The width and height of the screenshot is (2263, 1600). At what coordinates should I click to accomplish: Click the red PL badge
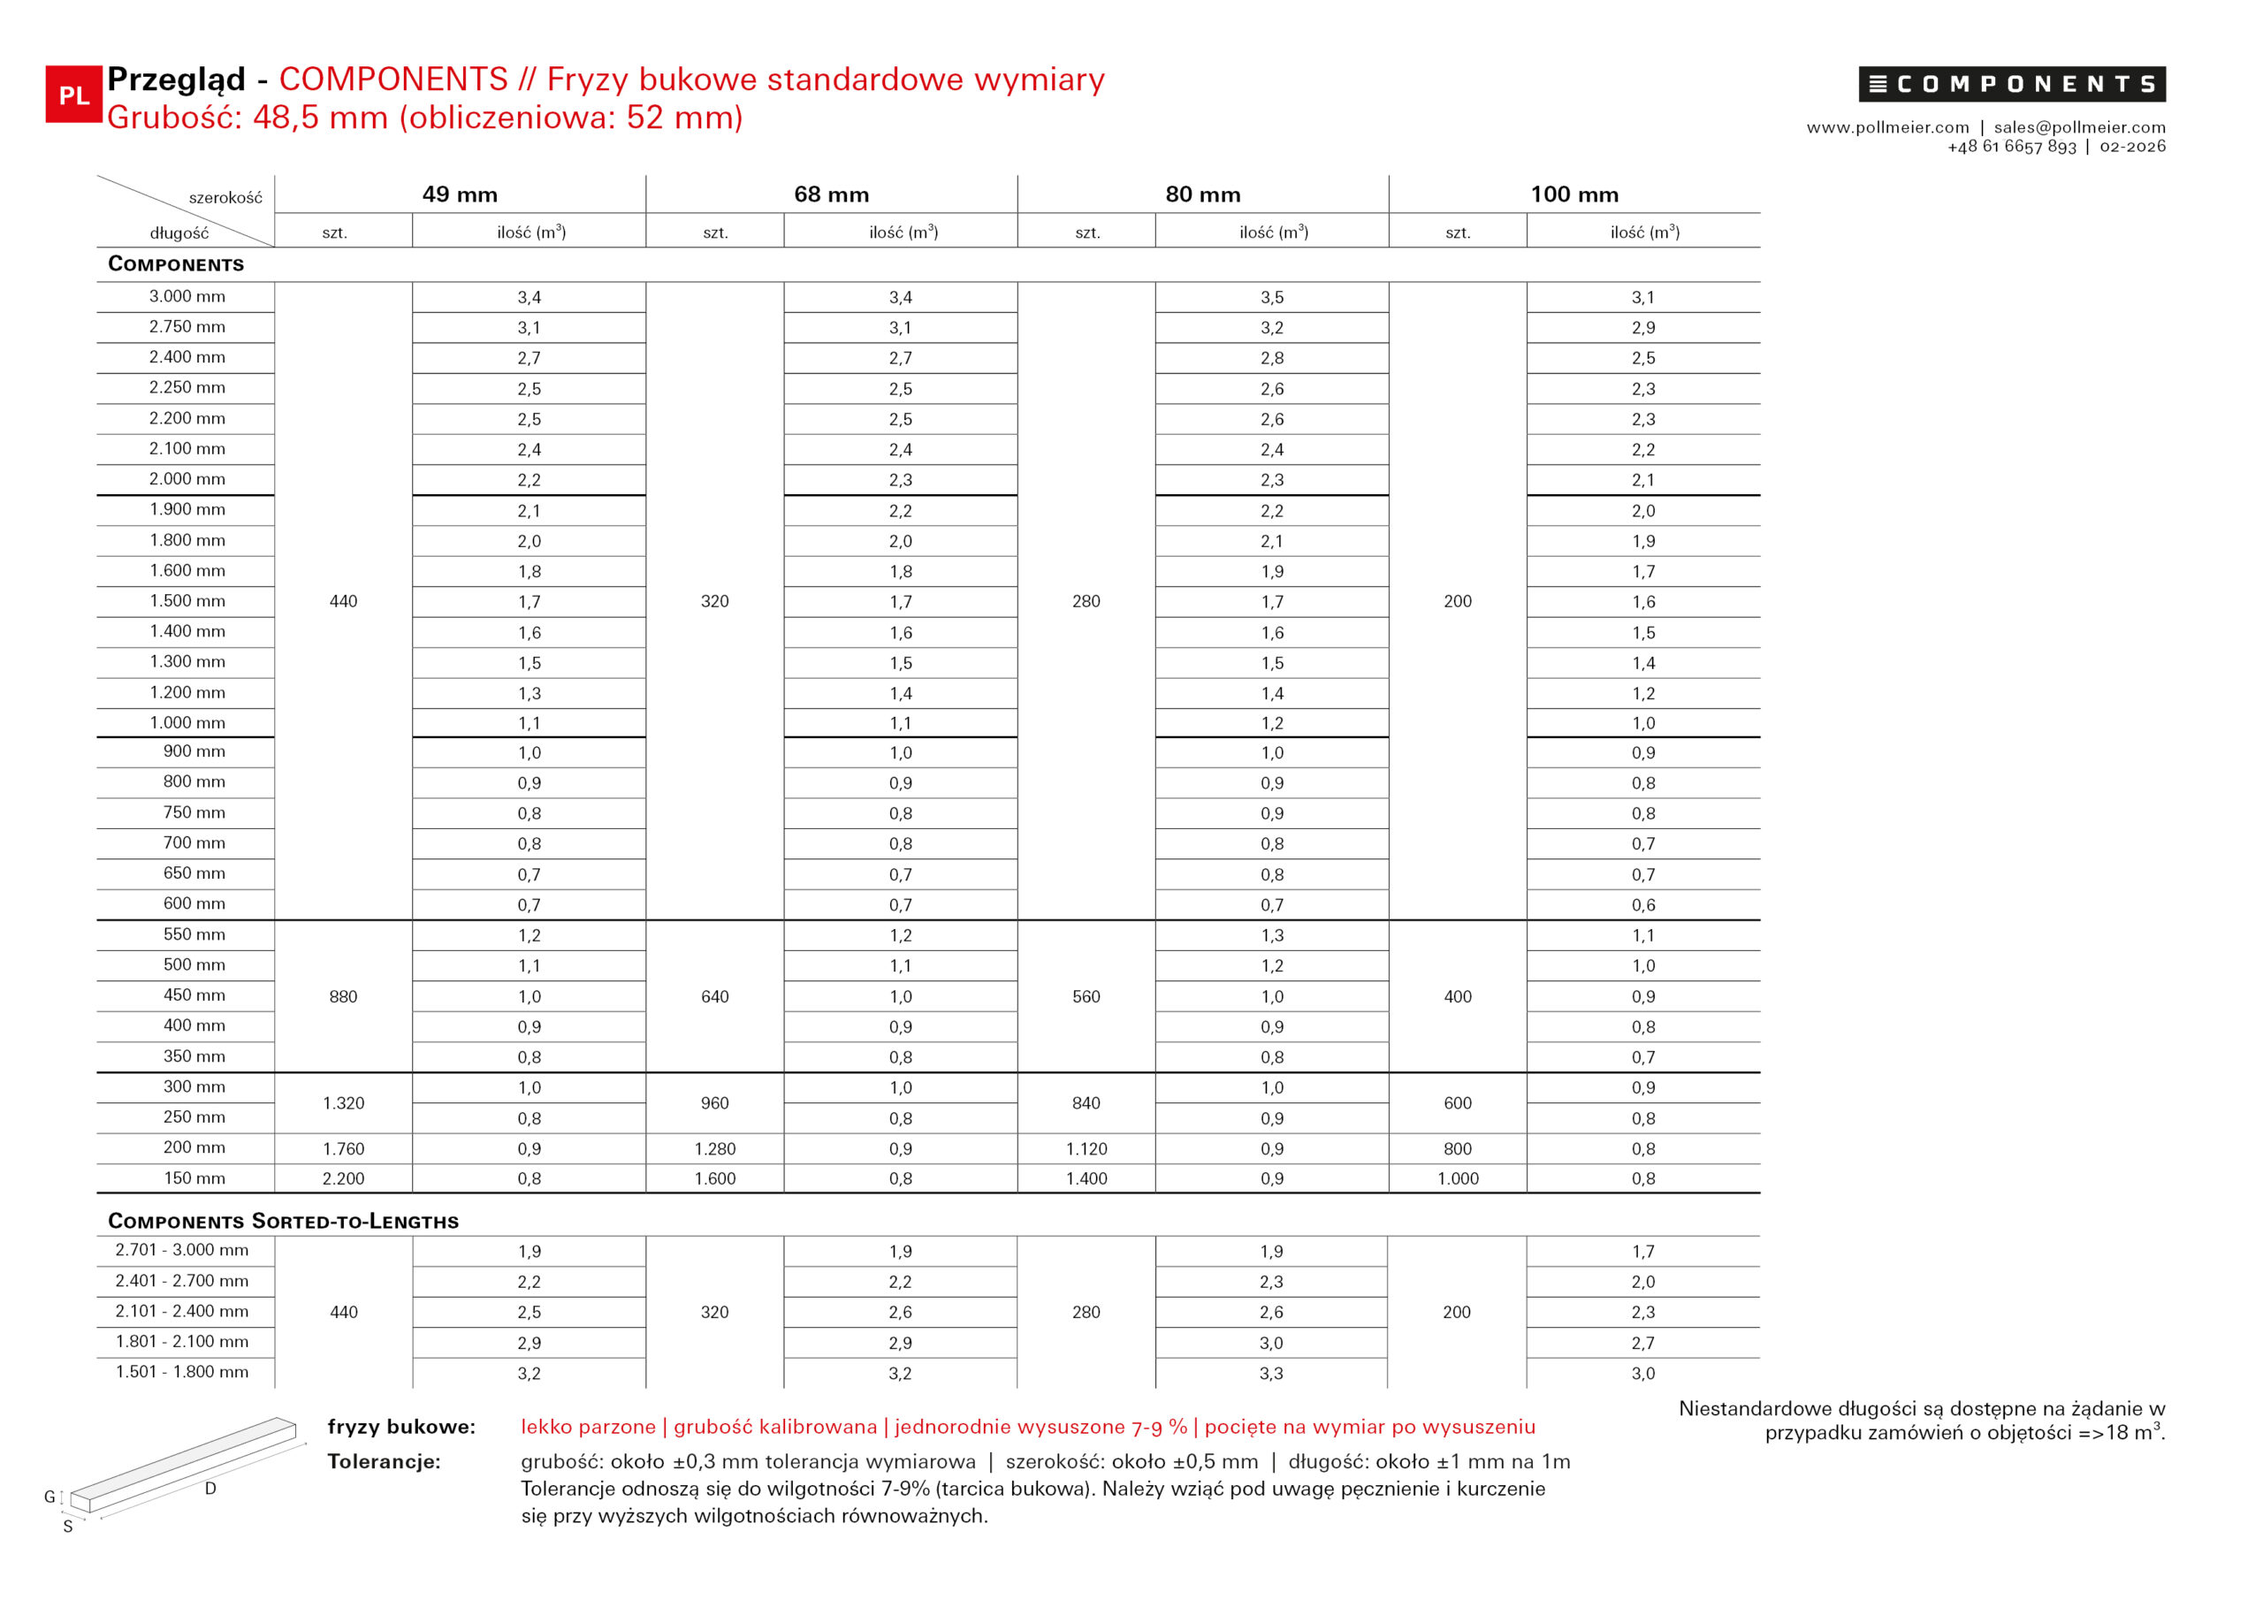[x=73, y=95]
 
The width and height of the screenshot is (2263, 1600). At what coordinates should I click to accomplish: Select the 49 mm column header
[x=460, y=194]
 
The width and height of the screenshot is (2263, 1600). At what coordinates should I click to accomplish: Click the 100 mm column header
[x=1574, y=194]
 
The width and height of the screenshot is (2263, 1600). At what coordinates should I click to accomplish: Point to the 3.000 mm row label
[x=187, y=297]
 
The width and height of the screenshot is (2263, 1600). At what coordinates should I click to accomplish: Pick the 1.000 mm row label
[x=187, y=722]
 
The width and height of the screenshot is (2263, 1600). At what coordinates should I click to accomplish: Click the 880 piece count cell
[x=343, y=996]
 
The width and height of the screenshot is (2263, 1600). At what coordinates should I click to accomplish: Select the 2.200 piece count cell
[x=343, y=1178]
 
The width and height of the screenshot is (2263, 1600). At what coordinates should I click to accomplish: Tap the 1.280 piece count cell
[x=714, y=1148]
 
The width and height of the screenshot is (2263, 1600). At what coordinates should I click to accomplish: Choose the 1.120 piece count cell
[x=1086, y=1148]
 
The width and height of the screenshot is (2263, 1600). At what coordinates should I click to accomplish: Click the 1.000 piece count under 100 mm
[x=1458, y=1178]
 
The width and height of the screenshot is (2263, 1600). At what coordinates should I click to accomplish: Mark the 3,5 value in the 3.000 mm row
[x=1271, y=298]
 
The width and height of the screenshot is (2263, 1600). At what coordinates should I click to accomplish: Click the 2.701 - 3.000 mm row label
[x=181, y=1250]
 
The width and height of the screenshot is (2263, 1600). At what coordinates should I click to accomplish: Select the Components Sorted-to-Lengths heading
[x=283, y=1221]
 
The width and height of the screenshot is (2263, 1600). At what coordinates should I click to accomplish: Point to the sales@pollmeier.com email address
[x=2080, y=127]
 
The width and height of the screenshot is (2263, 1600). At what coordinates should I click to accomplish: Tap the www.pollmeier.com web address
[x=1887, y=127]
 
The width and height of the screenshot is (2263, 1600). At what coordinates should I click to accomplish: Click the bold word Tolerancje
[x=384, y=1461]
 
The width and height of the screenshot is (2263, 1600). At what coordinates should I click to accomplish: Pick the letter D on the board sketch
[x=210, y=1489]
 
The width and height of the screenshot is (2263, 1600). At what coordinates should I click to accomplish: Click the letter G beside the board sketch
[x=50, y=1497]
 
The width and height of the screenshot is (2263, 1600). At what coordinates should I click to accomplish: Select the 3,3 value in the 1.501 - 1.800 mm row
[x=1270, y=1373]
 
